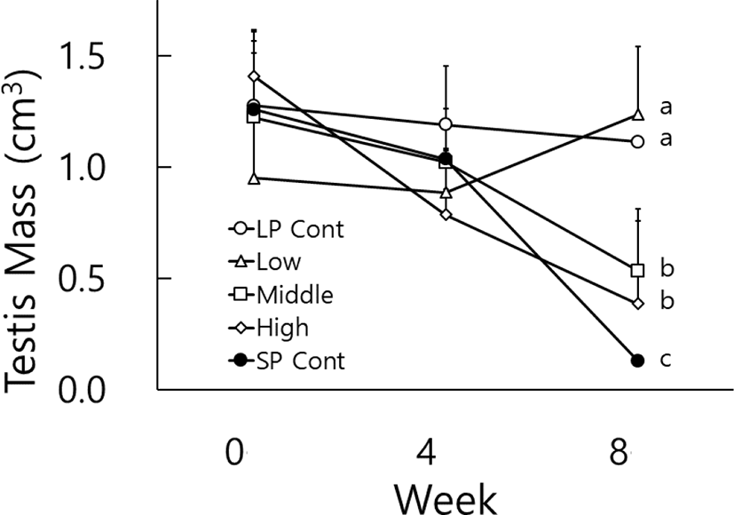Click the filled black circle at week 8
(637, 360)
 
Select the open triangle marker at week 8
(637, 115)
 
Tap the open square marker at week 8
(637, 270)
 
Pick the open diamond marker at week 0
(255, 77)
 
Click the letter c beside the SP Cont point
(665, 359)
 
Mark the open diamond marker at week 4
(446, 214)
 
